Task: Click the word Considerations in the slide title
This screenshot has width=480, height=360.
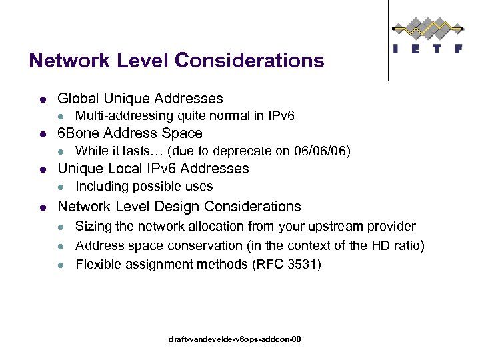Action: (249, 61)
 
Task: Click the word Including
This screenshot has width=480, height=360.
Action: (102, 186)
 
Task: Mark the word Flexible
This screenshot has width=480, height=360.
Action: (97, 265)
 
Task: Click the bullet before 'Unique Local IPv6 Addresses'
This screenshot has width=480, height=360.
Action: (42, 169)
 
